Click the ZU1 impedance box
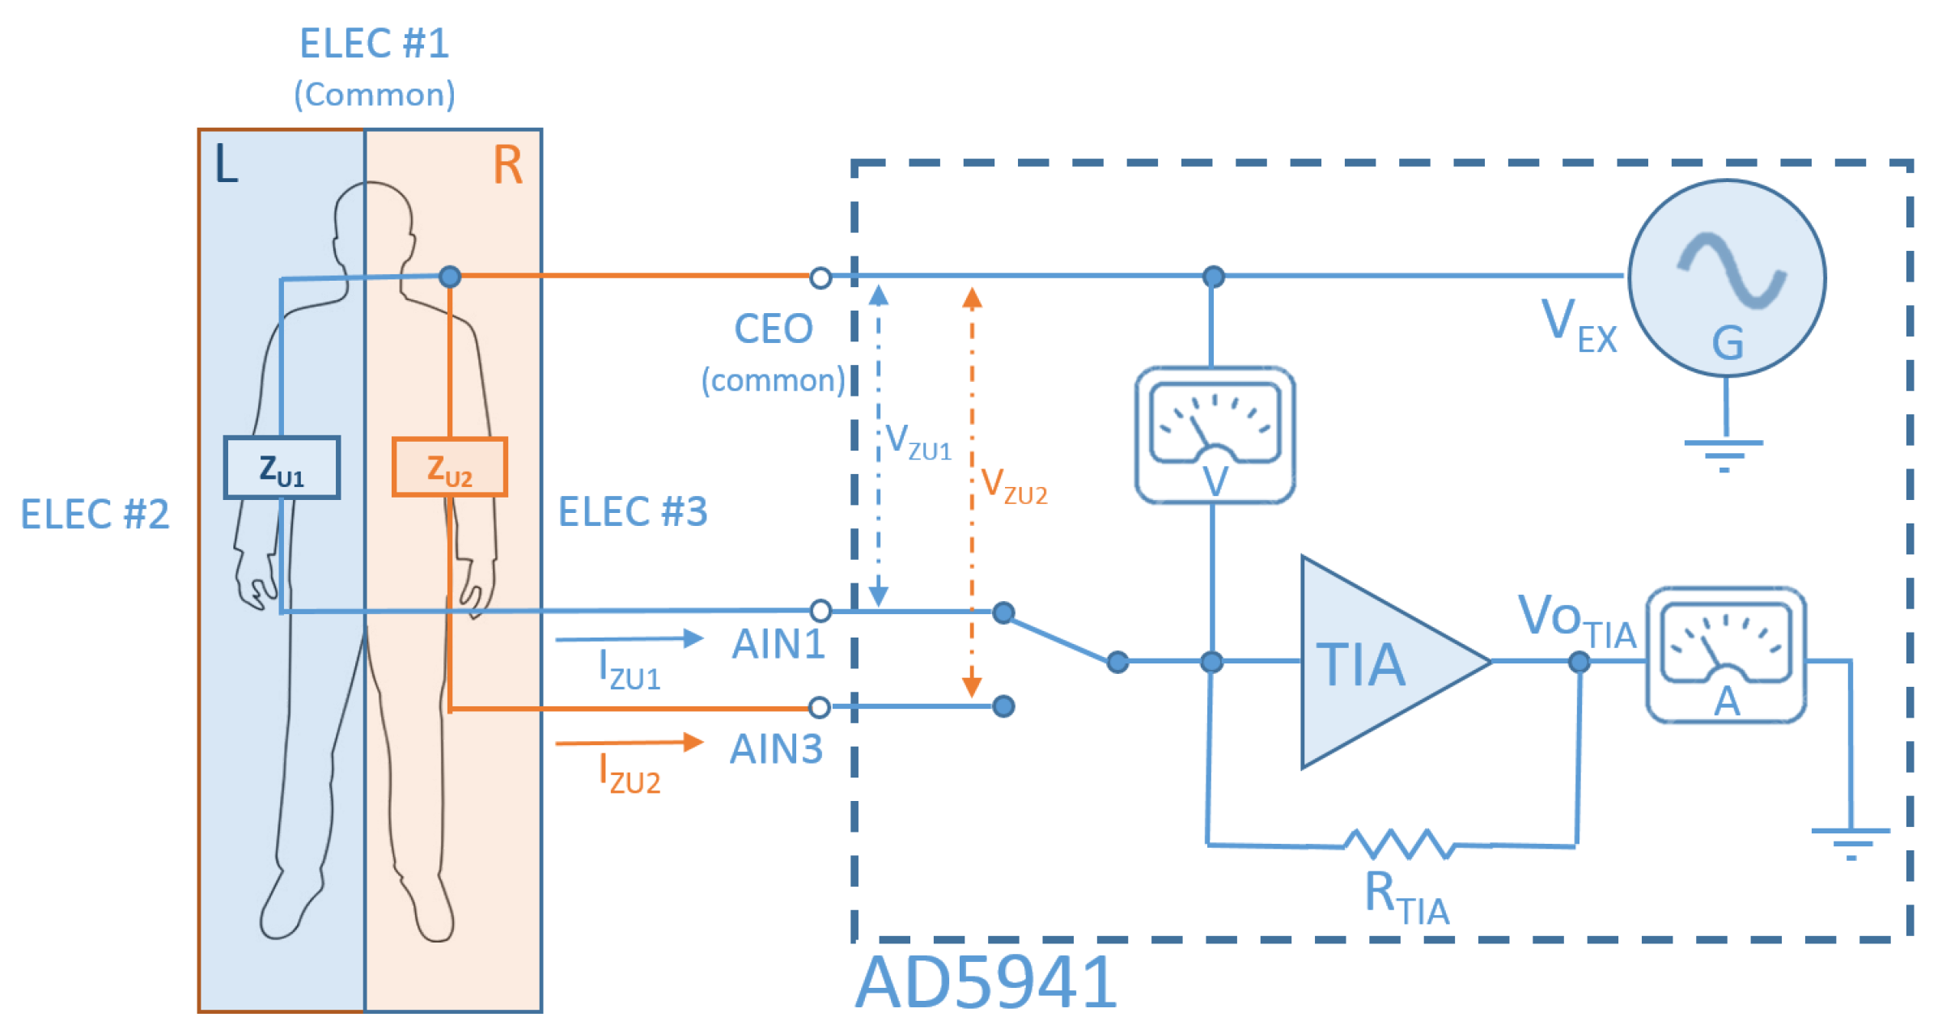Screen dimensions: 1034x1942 point(282,468)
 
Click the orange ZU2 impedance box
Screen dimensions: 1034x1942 point(450,468)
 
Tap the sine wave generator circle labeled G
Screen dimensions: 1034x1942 point(1727,278)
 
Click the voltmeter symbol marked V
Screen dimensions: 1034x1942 point(1215,435)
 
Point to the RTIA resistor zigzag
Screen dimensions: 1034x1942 point(1398,844)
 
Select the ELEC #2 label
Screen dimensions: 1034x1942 point(95,515)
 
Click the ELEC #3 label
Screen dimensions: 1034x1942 point(633,512)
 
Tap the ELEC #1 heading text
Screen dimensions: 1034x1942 point(374,44)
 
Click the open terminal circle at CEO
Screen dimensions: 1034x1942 point(820,278)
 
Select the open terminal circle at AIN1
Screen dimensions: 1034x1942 point(820,610)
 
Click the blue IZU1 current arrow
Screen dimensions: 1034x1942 point(629,639)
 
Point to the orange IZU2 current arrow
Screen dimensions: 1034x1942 point(629,742)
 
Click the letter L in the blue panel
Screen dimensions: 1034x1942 point(226,165)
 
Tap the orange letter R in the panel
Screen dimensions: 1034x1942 point(507,166)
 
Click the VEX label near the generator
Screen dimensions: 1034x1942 point(1578,325)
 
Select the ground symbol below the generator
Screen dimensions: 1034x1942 point(1724,453)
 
